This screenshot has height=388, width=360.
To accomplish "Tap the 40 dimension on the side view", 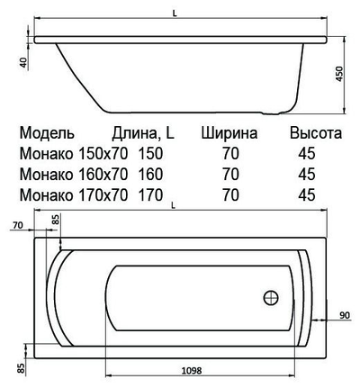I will point(21,63).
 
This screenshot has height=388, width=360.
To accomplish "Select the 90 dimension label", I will point(344,315).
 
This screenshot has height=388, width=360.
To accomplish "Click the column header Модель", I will point(53,132).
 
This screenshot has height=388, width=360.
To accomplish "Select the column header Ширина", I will point(230,132).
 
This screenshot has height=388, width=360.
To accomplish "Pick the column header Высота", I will point(314,132).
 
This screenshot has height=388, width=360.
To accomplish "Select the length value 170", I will point(151,193).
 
